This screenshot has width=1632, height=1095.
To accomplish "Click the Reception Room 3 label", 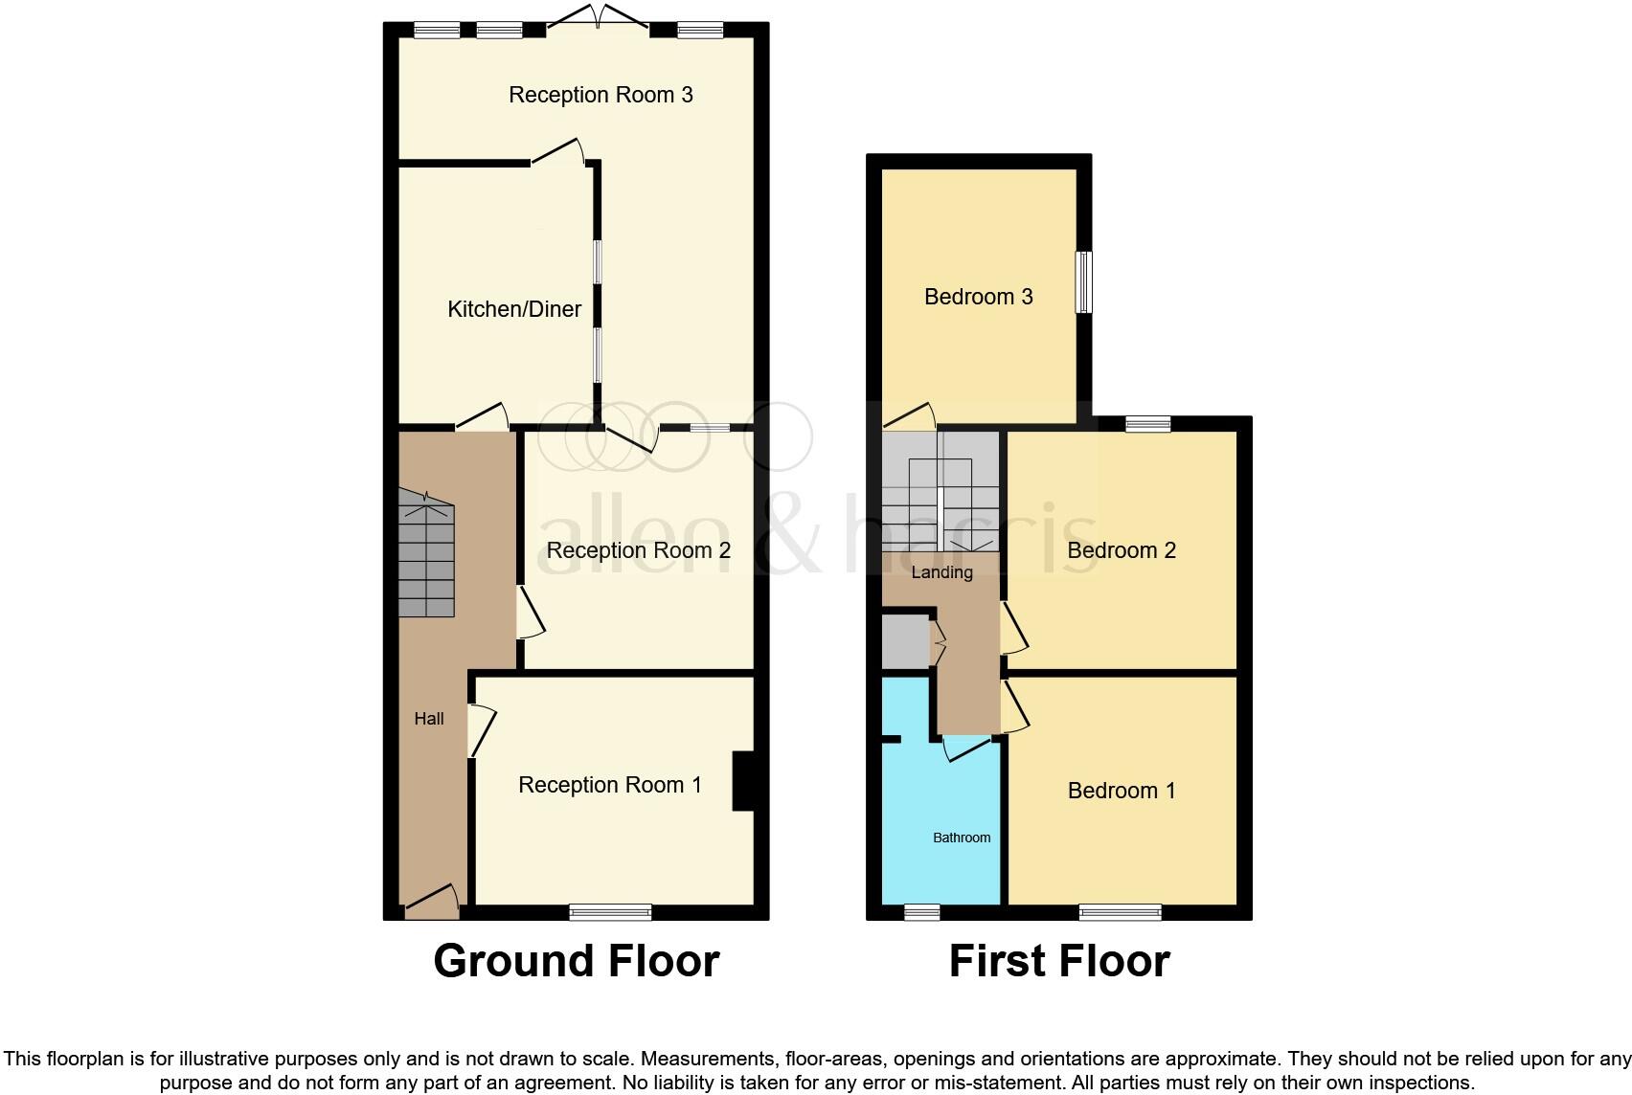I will [601, 95].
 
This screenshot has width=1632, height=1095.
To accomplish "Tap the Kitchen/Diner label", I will [514, 309].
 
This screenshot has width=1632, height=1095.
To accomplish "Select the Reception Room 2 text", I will [638, 550].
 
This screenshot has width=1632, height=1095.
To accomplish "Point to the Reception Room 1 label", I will [609, 785].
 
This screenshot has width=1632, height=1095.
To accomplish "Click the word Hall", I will [429, 719].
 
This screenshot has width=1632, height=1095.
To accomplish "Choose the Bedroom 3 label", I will [978, 297].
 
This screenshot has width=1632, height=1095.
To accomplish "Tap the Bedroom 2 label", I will [1121, 550].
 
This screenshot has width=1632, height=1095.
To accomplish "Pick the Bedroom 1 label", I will [1121, 791].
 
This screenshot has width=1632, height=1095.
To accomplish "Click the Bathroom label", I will [962, 838].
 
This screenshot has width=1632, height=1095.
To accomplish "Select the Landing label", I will [941, 572].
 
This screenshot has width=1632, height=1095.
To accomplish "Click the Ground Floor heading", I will [576, 960].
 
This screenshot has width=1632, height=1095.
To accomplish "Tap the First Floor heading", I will [1059, 960].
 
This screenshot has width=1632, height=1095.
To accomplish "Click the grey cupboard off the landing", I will [905, 641].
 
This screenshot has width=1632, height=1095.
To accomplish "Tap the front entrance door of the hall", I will [432, 903].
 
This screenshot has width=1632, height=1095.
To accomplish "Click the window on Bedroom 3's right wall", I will [1084, 281].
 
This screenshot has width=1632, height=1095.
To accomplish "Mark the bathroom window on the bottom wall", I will [922, 912].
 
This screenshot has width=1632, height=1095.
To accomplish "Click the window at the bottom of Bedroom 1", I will [1120, 912].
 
